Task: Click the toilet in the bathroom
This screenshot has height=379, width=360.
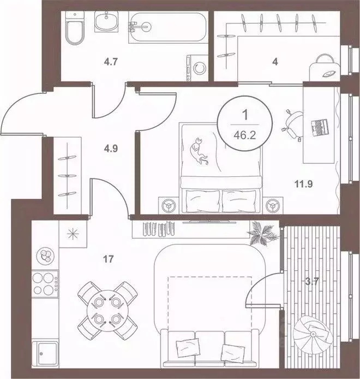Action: point(75,28)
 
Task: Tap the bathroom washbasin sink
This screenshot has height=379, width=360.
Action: point(106,21)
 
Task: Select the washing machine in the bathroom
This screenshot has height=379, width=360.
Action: point(197,68)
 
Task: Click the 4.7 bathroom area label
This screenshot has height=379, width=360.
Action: point(111,62)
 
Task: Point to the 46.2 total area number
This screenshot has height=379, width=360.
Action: point(245,135)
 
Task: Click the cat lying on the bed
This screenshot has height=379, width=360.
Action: point(199,152)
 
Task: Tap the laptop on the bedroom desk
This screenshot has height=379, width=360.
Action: point(320,128)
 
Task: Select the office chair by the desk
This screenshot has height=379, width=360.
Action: point(292,125)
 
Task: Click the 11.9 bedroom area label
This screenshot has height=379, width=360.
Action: point(303,184)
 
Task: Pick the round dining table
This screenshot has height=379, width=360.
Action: point(107,310)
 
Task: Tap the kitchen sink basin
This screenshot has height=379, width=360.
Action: point(45,354)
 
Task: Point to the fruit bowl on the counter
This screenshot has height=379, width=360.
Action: point(45,256)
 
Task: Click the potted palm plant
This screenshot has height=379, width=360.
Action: point(262,233)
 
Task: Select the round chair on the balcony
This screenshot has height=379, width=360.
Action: point(313,334)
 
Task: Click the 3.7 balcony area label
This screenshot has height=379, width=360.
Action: point(313,282)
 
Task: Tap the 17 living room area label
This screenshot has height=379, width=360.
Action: point(108,259)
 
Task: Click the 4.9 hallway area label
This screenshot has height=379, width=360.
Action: point(111,148)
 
